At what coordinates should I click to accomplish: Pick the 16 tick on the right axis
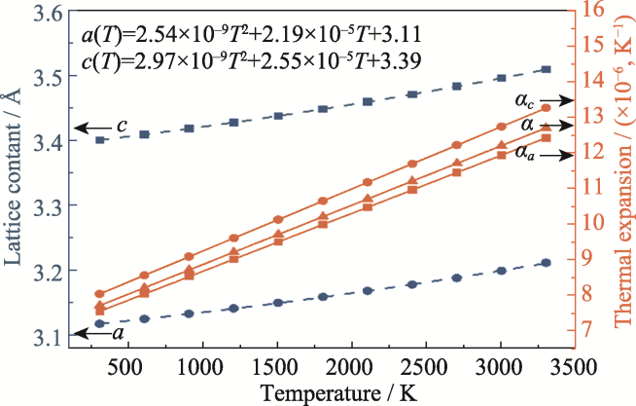594,11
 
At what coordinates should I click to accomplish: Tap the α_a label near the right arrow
525,152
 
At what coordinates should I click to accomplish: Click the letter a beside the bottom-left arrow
119,333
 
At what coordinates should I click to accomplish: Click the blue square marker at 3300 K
546,70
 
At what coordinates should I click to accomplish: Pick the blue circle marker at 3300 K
546,263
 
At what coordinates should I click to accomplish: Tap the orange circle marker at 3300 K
546,107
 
